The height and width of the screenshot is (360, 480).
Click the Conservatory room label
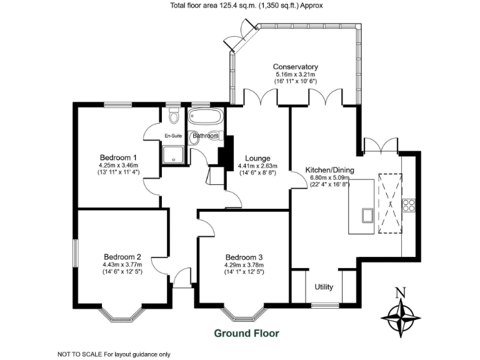(x=296, y=67)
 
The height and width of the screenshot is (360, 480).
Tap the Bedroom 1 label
(x=119, y=157)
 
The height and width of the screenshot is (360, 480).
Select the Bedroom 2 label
(x=122, y=256)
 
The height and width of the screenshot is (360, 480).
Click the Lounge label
(x=257, y=157)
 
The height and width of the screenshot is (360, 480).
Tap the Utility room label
(x=324, y=287)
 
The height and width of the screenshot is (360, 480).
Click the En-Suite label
(x=173, y=136)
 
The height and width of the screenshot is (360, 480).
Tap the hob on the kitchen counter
(x=410, y=206)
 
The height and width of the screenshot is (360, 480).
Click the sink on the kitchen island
(x=367, y=216)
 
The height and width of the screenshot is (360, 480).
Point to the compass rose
(x=401, y=315)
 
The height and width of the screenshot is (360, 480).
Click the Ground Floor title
(x=247, y=333)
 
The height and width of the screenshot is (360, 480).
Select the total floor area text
(x=247, y=6)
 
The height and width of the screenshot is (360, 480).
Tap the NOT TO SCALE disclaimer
(x=114, y=354)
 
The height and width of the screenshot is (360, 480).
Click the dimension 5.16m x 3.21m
(x=296, y=74)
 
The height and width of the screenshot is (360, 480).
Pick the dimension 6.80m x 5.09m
(x=329, y=177)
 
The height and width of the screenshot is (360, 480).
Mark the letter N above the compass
(x=401, y=291)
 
